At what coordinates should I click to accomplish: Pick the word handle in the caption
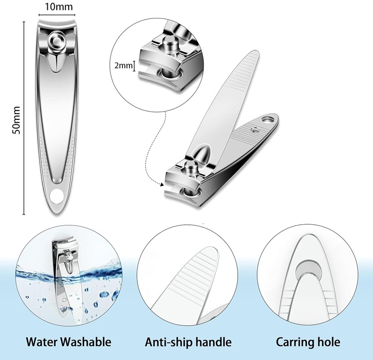(x=214, y=342)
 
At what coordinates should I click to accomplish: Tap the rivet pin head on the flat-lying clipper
(x=56, y=40)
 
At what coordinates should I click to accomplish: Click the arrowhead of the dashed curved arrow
(x=161, y=185)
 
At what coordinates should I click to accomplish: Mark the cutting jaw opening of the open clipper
(x=172, y=188)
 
